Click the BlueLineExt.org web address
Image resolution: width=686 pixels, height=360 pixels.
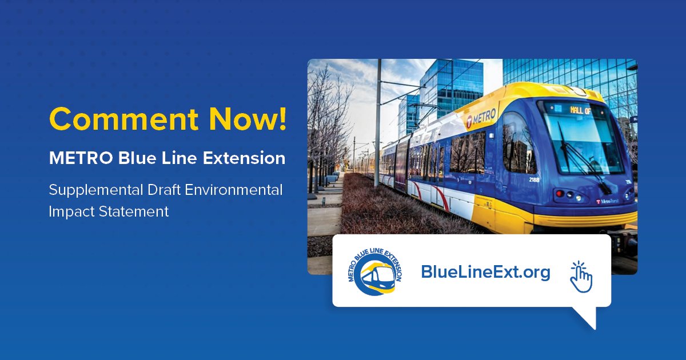tap(485, 272)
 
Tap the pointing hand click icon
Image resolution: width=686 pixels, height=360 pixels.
tap(581, 277)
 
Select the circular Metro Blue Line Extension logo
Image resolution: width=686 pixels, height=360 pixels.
tap(374, 272)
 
